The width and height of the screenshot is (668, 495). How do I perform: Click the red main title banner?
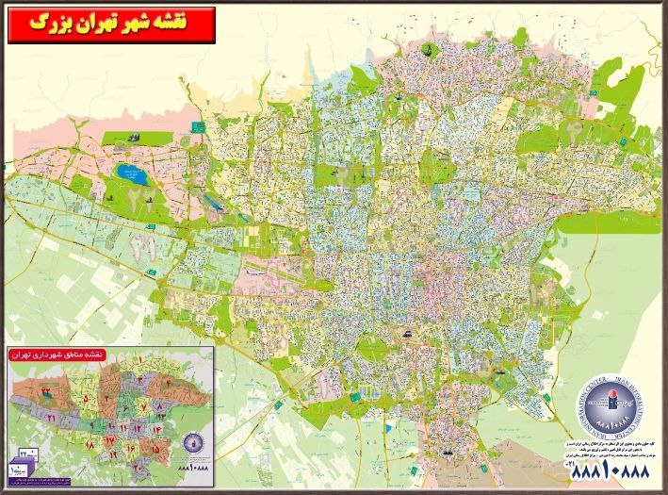(x=111, y=25)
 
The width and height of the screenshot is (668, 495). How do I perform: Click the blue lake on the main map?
(x=125, y=173)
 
